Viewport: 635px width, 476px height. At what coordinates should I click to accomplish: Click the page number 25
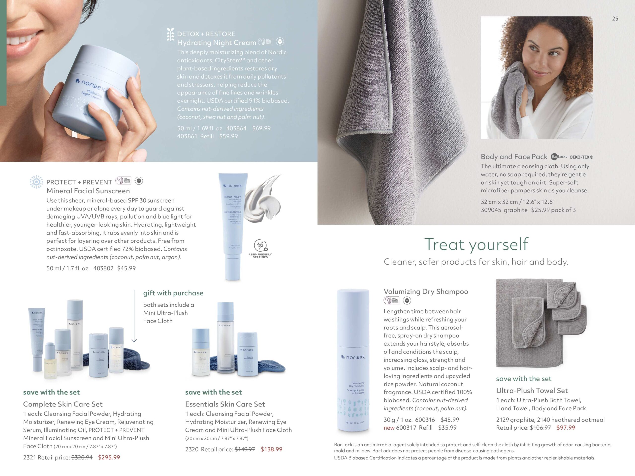(x=615, y=19)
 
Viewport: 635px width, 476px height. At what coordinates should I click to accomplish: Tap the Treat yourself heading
(x=476, y=244)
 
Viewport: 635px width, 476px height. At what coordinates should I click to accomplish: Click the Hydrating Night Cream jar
(x=92, y=92)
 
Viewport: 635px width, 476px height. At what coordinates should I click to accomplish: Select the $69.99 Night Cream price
(x=261, y=128)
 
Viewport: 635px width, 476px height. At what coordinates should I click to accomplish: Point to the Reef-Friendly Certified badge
(x=260, y=248)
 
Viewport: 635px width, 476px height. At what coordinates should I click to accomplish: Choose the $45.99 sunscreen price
(x=126, y=268)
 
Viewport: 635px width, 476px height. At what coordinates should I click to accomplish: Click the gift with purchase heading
(x=173, y=293)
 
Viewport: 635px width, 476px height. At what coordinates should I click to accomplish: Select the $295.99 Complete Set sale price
(x=109, y=457)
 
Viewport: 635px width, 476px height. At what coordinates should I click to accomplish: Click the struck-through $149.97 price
(x=245, y=449)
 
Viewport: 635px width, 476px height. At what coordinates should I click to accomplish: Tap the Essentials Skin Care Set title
(x=225, y=404)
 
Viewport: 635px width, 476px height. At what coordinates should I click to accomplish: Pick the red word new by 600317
(x=389, y=427)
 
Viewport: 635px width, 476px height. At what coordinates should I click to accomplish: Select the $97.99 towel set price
(x=566, y=427)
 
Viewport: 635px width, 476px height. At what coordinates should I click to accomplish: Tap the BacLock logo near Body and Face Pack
(x=558, y=157)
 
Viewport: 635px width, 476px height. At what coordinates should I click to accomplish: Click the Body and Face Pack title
(x=514, y=157)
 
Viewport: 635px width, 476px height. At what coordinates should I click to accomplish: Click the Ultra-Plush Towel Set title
(x=532, y=390)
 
